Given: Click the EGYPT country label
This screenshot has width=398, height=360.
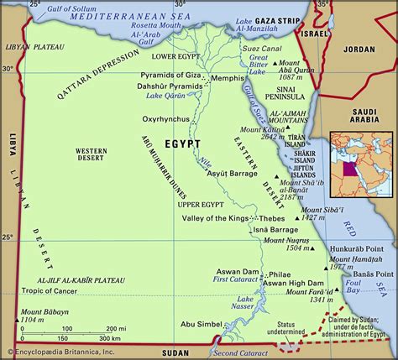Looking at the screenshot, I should coord(182,144).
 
